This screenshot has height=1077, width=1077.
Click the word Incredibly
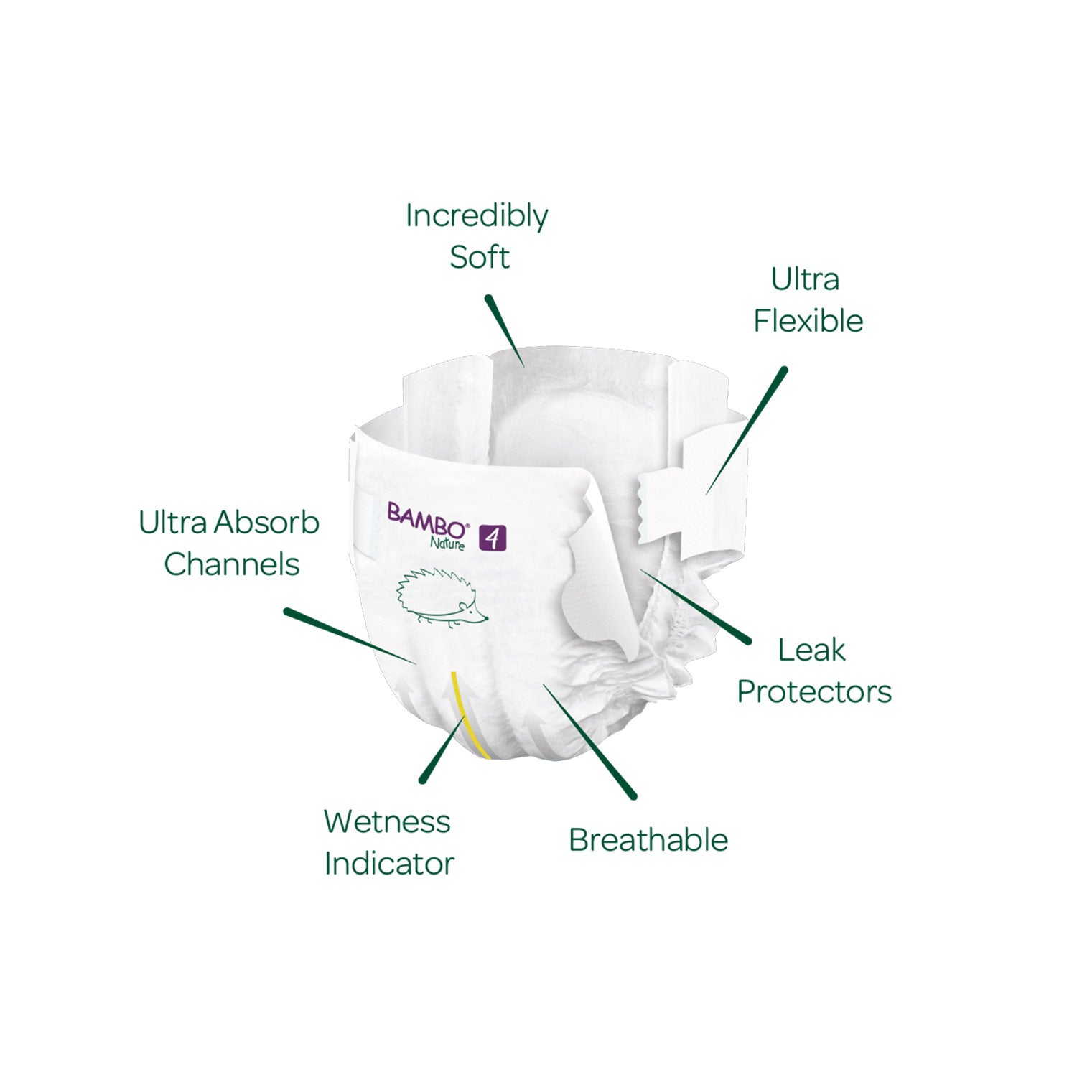(x=476, y=216)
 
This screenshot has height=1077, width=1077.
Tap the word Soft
(x=480, y=257)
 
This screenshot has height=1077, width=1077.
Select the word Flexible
(x=808, y=321)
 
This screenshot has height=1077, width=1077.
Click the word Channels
(x=231, y=564)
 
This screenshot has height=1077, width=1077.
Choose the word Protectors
(x=814, y=692)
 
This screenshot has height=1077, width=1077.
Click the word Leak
(x=811, y=651)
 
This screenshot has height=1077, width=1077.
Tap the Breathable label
(x=648, y=840)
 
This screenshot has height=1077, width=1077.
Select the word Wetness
(x=387, y=822)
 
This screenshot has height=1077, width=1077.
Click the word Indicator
(x=389, y=864)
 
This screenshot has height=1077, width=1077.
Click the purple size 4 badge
(x=493, y=538)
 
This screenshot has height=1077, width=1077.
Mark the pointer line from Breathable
(x=589, y=740)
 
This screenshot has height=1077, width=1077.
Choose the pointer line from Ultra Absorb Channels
(x=348, y=636)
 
